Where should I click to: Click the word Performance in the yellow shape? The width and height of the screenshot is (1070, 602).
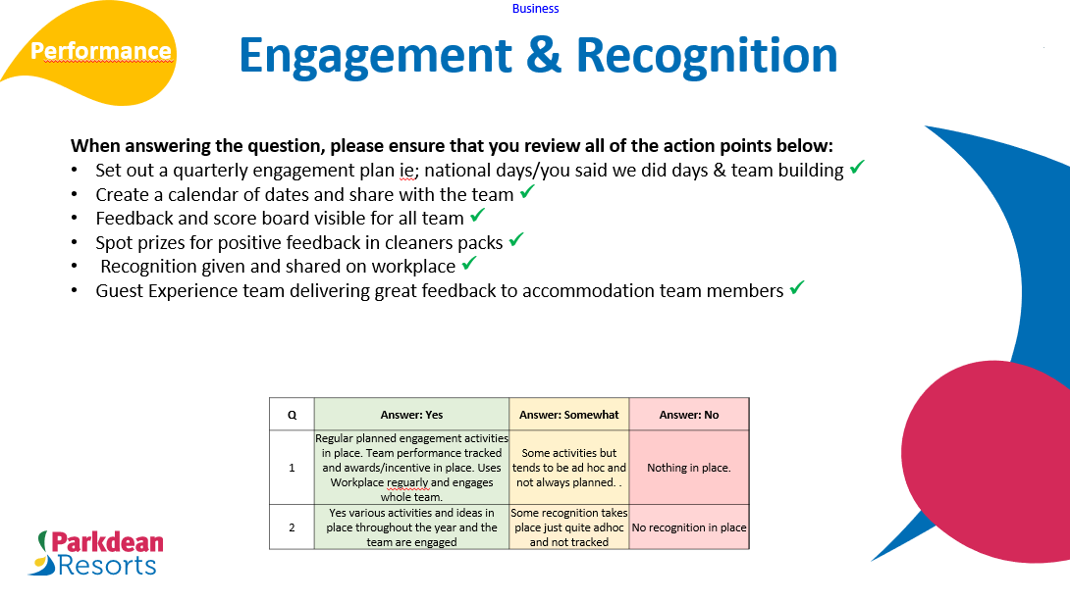(x=100, y=51)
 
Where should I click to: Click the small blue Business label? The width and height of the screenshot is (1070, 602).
(x=535, y=9)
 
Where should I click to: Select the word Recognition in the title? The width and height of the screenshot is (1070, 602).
(x=707, y=56)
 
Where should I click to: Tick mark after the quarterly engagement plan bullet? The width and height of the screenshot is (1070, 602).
(x=857, y=169)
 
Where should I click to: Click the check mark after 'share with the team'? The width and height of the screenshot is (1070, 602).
(x=527, y=193)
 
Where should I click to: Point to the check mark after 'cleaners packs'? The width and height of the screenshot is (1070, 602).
(x=516, y=240)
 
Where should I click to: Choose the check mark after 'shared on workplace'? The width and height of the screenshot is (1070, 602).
(x=469, y=265)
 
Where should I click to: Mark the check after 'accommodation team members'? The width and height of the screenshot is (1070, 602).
(x=797, y=289)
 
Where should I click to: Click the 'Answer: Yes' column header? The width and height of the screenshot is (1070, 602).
(x=411, y=415)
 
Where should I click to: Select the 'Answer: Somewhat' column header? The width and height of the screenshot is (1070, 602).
(x=569, y=415)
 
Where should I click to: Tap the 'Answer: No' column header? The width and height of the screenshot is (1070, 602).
(x=688, y=415)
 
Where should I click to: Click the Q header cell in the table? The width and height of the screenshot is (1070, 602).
(x=292, y=415)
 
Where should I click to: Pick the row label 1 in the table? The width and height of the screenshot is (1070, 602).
(x=292, y=468)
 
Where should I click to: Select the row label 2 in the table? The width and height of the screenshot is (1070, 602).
(x=292, y=527)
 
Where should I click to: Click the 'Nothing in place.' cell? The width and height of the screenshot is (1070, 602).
(x=688, y=468)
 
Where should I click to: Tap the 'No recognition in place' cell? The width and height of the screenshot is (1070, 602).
(x=688, y=527)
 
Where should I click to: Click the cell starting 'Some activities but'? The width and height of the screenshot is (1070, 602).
(x=569, y=468)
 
